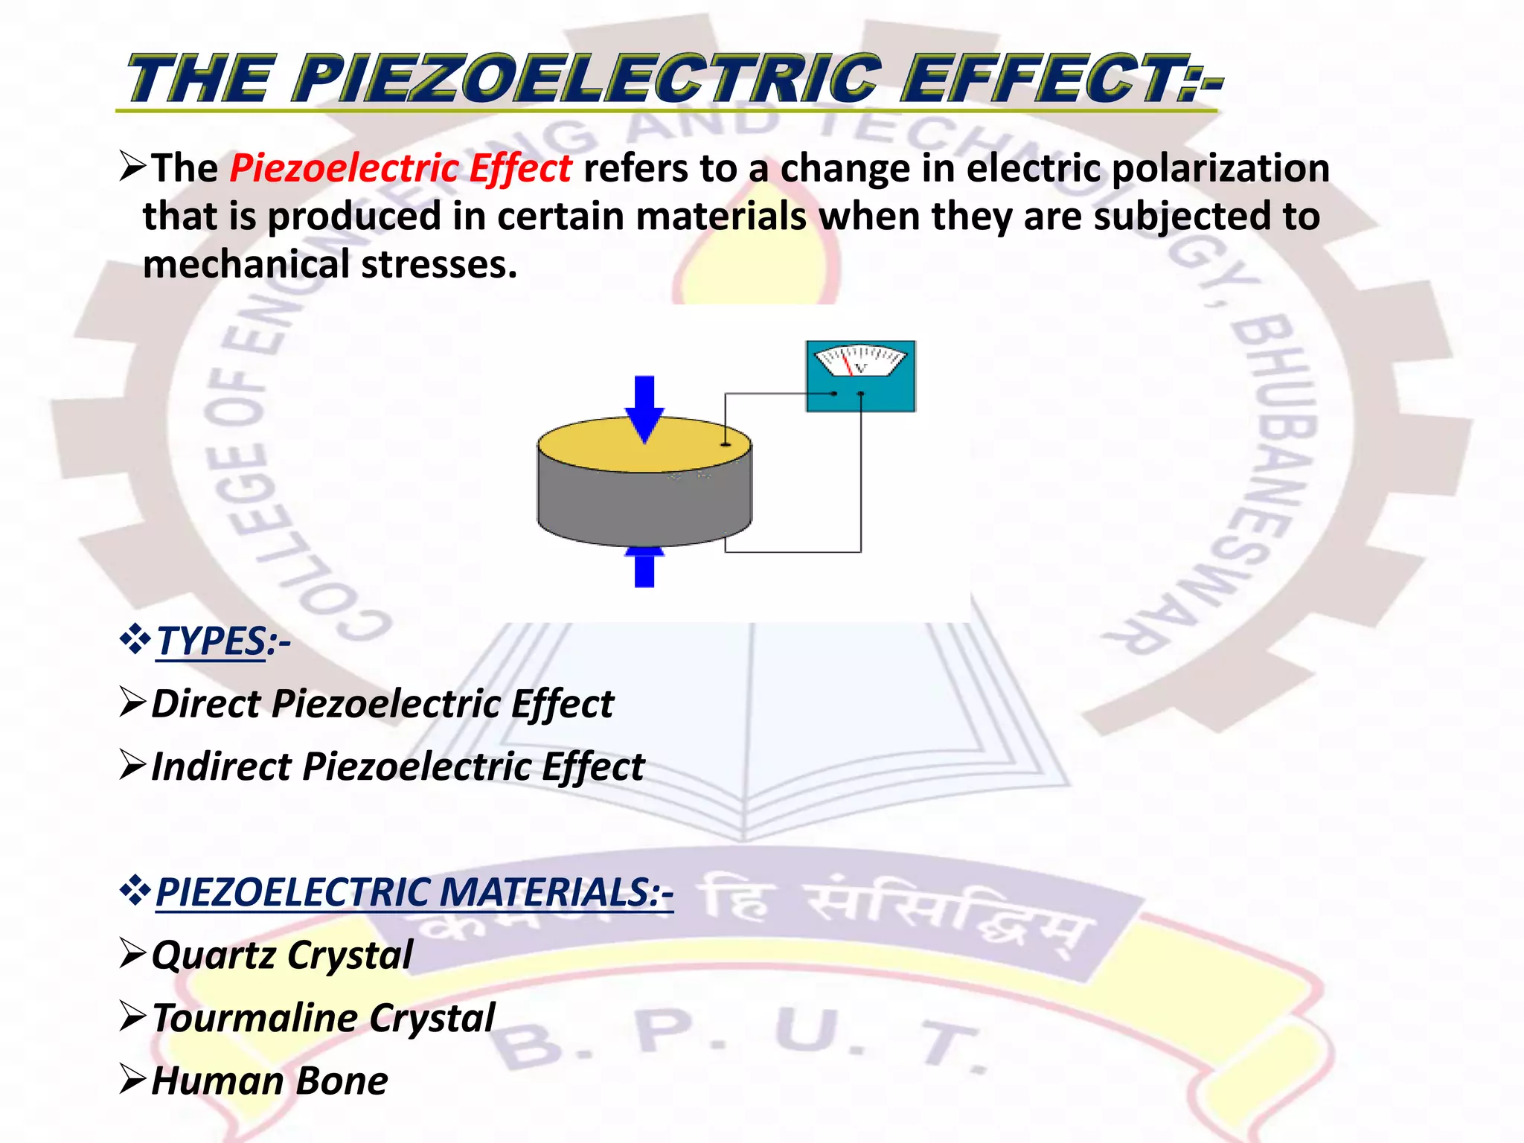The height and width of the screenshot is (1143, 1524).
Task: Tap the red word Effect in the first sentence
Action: (520, 168)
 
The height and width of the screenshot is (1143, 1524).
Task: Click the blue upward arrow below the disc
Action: (644, 567)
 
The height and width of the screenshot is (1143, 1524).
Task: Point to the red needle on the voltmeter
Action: (847, 363)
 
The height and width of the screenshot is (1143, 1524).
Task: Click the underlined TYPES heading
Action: (211, 641)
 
